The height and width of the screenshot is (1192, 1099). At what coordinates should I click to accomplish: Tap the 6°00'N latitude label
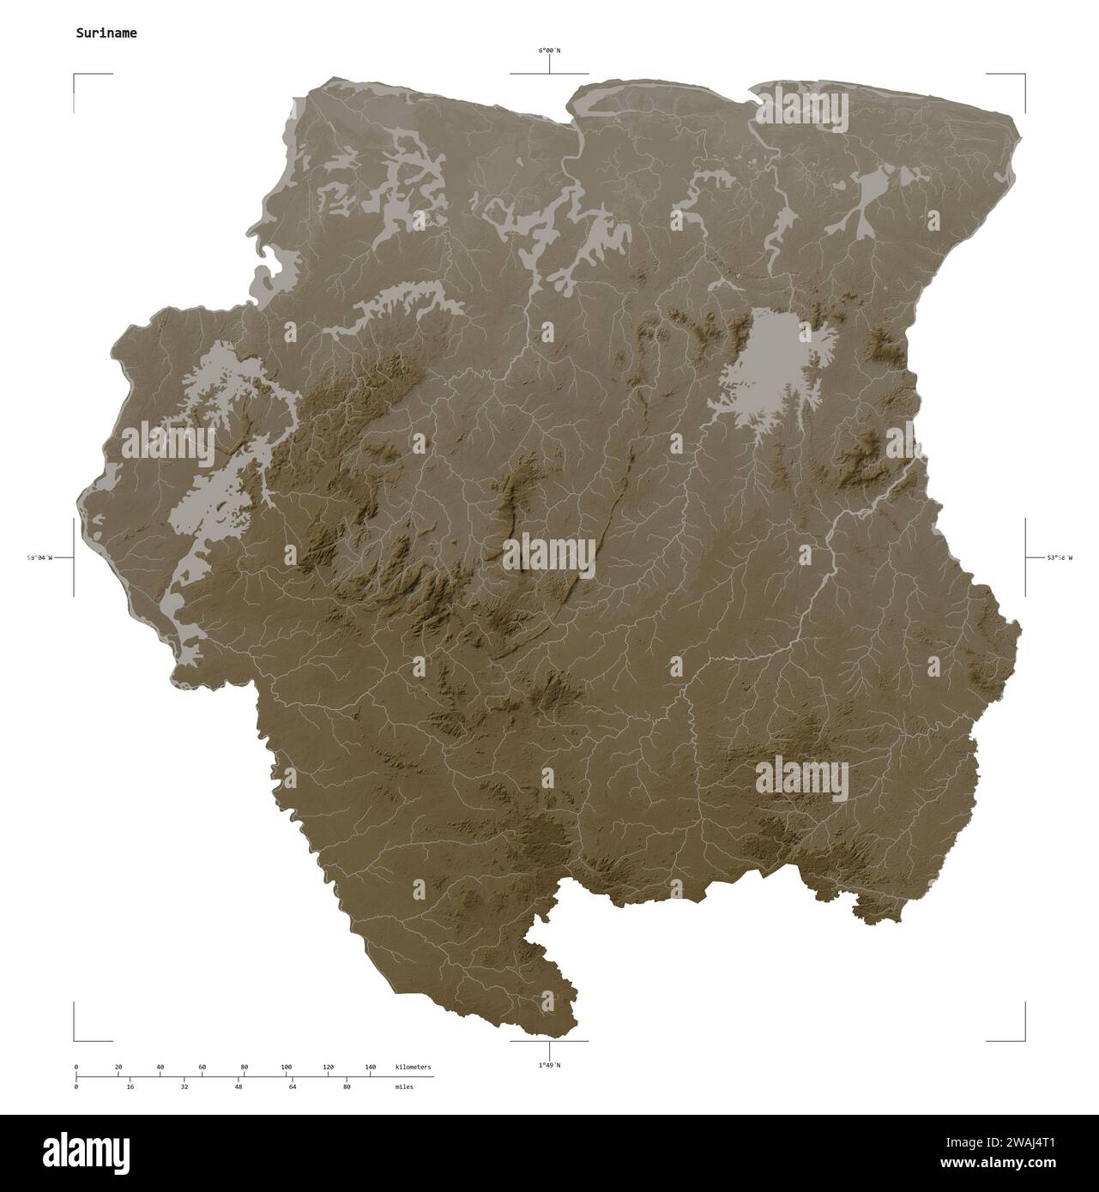click(x=549, y=51)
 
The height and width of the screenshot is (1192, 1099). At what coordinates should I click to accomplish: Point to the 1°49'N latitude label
click(x=549, y=1065)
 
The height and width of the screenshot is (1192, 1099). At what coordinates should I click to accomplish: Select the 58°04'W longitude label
click(x=39, y=558)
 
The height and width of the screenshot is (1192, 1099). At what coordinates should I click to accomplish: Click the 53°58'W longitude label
click(x=1060, y=558)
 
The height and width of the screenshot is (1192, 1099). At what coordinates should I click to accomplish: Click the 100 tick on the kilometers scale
click(x=287, y=1067)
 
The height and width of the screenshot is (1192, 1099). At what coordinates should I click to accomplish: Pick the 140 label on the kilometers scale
click(x=371, y=1067)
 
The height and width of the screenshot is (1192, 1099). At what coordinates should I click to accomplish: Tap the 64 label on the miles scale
click(x=293, y=1087)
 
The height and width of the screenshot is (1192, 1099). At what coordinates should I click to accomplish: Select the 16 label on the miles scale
click(x=130, y=1087)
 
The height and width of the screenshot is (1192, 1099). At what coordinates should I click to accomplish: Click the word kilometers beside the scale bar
click(x=414, y=1067)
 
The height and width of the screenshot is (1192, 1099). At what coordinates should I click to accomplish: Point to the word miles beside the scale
click(x=404, y=1087)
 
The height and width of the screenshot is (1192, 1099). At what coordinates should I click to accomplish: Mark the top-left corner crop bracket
click(x=75, y=76)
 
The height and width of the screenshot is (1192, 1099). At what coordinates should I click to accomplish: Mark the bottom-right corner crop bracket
click(x=1024, y=1039)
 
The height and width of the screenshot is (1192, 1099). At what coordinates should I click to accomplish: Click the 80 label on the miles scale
click(x=347, y=1087)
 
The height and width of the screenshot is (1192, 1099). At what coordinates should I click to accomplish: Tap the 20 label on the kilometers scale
click(x=118, y=1067)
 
